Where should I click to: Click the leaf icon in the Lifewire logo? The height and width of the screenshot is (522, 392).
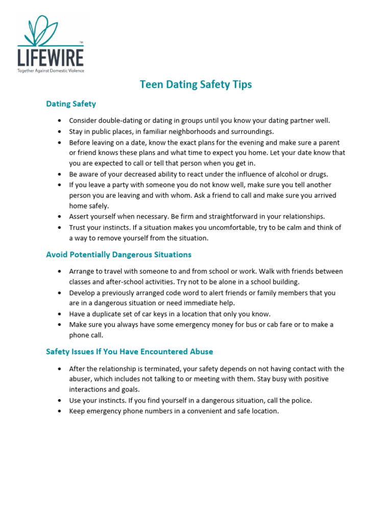(x=49, y=30)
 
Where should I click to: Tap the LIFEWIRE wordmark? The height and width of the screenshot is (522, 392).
(x=51, y=56)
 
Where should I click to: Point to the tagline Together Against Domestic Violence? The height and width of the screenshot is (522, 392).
(x=51, y=70)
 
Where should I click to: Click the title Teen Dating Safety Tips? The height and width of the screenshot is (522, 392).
(x=196, y=85)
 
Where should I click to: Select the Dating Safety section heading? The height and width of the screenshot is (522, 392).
(x=71, y=104)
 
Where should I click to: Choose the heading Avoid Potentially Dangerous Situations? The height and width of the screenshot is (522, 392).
(x=118, y=254)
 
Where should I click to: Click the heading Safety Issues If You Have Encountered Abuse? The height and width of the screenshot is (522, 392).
(x=129, y=352)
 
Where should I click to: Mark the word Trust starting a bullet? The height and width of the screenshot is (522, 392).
(x=78, y=227)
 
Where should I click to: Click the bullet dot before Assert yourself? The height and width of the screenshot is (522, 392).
(x=60, y=217)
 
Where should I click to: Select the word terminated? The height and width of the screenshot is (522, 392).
(x=166, y=369)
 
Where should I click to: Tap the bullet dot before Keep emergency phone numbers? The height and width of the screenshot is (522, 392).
(x=60, y=411)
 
